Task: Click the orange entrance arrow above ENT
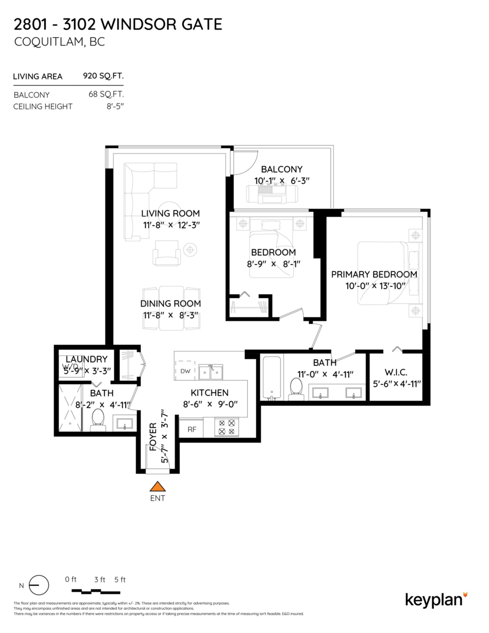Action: tap(157, 486)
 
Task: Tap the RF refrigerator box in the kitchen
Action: tap(191, 429)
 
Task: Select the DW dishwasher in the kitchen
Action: tap(185, 371)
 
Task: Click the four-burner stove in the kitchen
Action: tap(226, 427)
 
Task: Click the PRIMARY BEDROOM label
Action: tap(374, 274)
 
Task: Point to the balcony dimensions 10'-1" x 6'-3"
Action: tap(282, 180)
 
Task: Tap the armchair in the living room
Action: tap(167, 253)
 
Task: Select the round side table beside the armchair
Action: tap(190, 248)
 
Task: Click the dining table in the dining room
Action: tap(171, 308)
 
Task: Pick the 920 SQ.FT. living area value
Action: tap(103, 76)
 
